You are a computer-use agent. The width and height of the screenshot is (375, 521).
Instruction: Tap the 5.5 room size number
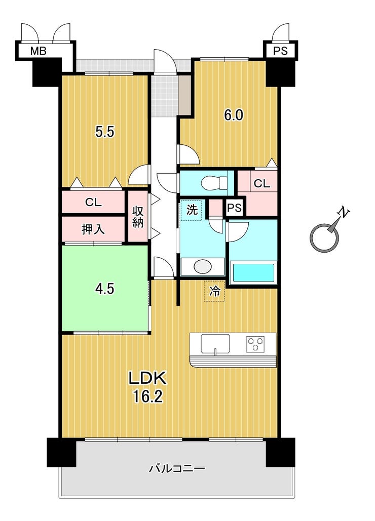click(105, 132)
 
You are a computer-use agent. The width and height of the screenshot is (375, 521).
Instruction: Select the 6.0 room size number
click(234, 115)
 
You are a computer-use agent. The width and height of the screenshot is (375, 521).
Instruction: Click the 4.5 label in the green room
click(105, 289)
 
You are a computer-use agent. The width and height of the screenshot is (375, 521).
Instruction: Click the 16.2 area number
click(147, 396)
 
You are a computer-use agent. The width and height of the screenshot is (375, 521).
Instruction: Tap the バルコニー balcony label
click(177, 469)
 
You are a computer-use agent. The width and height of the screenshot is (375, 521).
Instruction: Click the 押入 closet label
click(93, 229)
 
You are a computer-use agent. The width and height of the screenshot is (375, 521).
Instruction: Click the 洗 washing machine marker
click(191, 210)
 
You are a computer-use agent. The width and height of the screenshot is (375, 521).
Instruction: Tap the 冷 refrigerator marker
click(214, 292)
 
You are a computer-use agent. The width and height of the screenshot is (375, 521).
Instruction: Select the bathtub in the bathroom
click(252, 273)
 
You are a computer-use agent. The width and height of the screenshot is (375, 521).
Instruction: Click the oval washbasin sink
click(202, 266)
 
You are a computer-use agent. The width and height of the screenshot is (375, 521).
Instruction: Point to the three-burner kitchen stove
click(255, 344)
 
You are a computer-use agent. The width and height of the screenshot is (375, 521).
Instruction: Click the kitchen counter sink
click(215, 344)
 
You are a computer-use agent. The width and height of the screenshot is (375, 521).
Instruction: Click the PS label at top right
click(280, 51)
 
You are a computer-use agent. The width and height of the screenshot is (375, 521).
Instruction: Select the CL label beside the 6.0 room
click(261, 184)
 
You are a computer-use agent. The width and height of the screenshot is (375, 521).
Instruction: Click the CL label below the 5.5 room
click(93, 202)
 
